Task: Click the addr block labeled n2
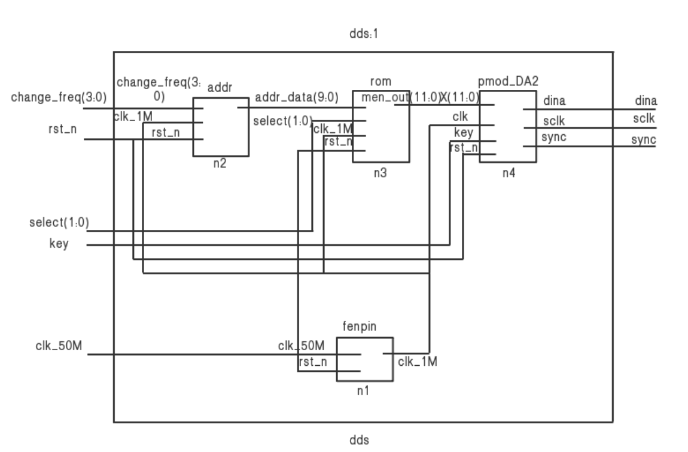tap(220, 127)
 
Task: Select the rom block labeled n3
tap(381, 127)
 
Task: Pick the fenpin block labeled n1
tap(364, 359)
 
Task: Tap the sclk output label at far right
tap(645, 119)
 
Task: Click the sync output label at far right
tap(644, 141)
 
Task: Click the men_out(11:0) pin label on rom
tap(385, 97)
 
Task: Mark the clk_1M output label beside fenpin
tap(417, 362)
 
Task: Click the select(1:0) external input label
tap(59, 223)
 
